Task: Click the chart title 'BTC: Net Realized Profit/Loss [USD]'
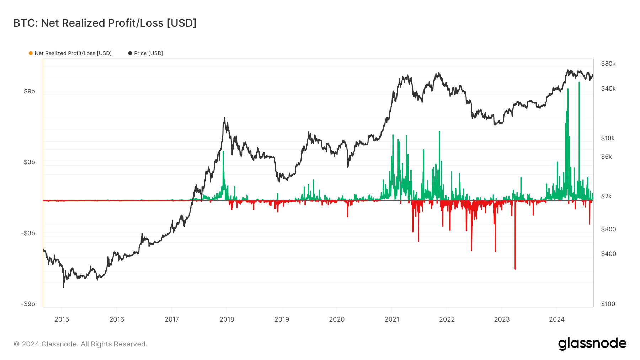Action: pyautogui.click(x=105, y=23)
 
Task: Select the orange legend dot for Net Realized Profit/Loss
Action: pyautogui.click(x=31, y=53)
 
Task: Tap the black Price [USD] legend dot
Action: pyautogui.click(x=130, y=53)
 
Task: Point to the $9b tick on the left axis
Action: pyautogui.click(x=30, y=91)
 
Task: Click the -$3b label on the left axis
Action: pyautogui.click(x=28, y=233)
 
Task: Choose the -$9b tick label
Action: pyautogui.click(x=28, y=304)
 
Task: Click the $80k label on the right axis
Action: pyautogui.click(x=608, y=64)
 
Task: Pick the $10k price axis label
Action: pyautogui.click(x=608, y=138)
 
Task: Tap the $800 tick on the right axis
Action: pyautogui.click(x=608, y=229)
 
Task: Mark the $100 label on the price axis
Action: pyautogui.click(x=608, y=304)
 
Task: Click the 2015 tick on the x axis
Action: pyautogui.click(x=62, y=319)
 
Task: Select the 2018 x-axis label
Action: pyautogui.click(x=227, y=319)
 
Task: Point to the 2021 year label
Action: pyautogui.click(x=392, y=319)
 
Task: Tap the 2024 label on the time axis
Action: pyautogui.click(x=557, y=319)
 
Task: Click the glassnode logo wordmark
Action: pyautogui.click(x=592, y=344)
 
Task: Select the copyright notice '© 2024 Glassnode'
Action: pyautogui.click(x=80, y=344)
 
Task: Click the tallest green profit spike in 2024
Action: pyautogui.click(x=579, y=84)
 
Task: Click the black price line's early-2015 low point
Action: pyautogui.click(x=64, y=286)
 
